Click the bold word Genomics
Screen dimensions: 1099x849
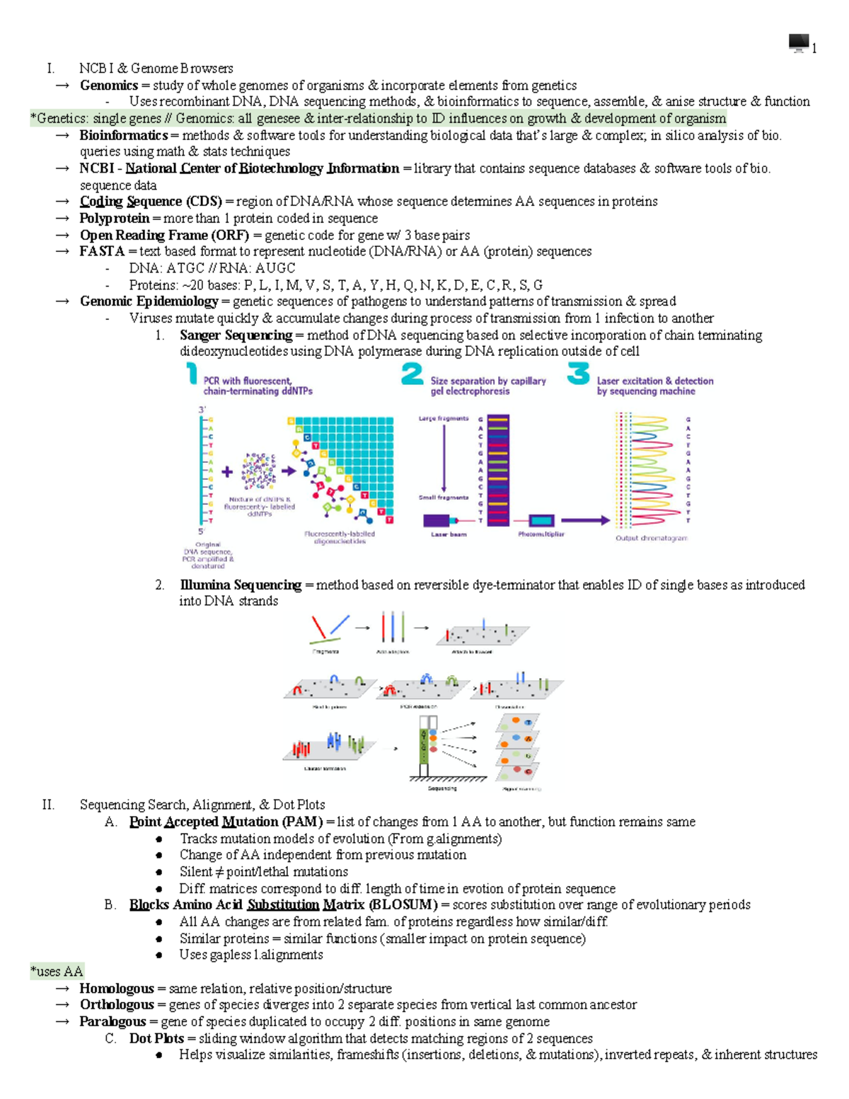(x=108, y=86)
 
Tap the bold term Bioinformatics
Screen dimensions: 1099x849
(x=123, y=135)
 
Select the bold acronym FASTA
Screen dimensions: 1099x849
(x=102, y=251)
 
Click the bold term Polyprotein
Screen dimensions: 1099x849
(x=114, y=218)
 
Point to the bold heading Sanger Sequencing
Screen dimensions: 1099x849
(x=236, y=335)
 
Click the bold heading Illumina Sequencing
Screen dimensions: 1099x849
(x=241, y=585)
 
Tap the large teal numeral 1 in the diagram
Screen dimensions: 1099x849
(x=192, y=373)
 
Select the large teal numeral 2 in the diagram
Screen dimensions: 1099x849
(x=412, y=374)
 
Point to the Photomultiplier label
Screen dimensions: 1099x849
(x=541, y=534)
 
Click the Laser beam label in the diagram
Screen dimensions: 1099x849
(x=449, y=534)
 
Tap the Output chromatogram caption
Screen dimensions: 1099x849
(x=651, y=538)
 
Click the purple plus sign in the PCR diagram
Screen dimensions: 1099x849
(x=227, y=471)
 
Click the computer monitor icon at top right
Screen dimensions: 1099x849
(x=798, y=43)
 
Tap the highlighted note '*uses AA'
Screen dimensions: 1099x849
(x=57, y=972)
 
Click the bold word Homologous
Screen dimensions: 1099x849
(x=116, y=988)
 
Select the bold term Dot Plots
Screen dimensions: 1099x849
(x=156, y=1038)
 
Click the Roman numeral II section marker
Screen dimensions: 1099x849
(x=48, y=805)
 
